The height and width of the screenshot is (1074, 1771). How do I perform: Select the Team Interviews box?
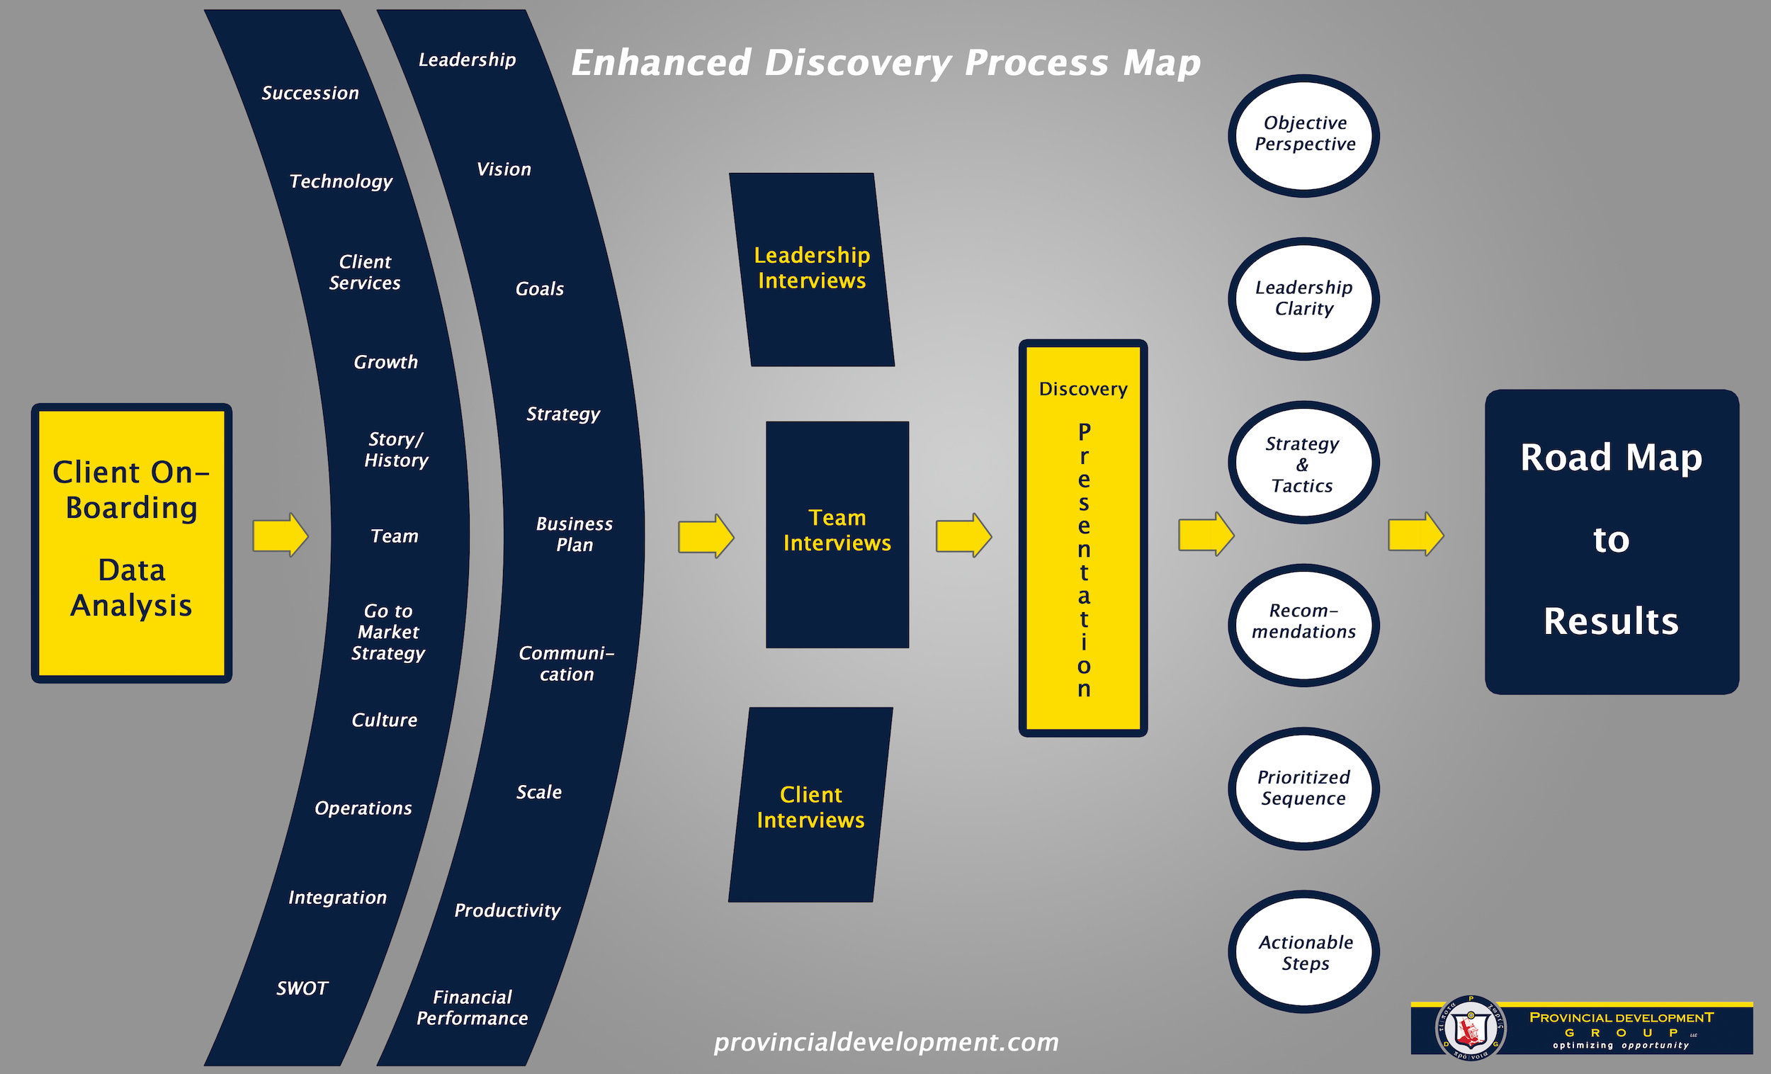pos(837,533)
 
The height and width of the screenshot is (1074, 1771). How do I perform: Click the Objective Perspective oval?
pos(1304,135)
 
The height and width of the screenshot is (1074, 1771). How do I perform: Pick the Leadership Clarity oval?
pos(1304,298)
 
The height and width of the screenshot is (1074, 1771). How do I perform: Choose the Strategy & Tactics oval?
pos(1302,463)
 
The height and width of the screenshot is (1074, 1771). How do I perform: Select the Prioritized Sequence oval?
pos(1304,788)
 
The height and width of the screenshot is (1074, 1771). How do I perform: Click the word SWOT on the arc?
pos(302,988)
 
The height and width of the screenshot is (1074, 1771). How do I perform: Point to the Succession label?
pos(310,94)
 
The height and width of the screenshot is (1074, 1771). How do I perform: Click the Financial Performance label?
pos(473,1007)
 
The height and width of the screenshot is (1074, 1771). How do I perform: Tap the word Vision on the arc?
pos(504,169)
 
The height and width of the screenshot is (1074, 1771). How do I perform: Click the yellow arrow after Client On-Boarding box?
pos(281,535)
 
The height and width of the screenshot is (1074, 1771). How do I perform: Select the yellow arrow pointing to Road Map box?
pos(1415,534)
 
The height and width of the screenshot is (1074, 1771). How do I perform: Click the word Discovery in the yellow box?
pos(1082,389)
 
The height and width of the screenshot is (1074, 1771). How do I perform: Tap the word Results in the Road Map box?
pos(1611,621)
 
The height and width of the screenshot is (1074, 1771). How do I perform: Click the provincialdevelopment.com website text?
pos(885,1041)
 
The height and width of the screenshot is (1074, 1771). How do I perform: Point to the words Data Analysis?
pos(132,587)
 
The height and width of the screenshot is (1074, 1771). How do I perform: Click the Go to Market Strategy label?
pos(388,632)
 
